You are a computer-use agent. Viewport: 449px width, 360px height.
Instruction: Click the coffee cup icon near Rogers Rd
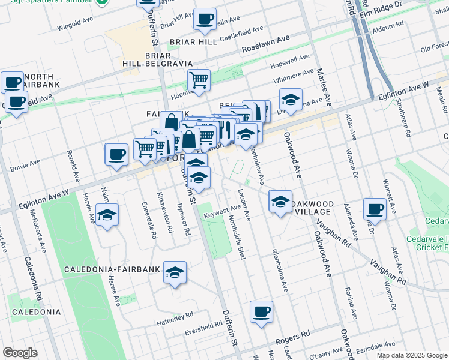pos(261,312)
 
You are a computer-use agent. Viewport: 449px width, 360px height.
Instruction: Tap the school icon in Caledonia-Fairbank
pos(175,273)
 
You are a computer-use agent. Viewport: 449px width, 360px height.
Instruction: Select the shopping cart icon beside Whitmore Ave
pos(199,79)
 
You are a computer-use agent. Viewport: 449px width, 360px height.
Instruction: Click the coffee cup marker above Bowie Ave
pos(116,155)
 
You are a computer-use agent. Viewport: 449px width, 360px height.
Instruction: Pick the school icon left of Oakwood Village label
pos(280,202)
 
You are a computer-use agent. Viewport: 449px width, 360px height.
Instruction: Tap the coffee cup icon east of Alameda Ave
pos(375,209)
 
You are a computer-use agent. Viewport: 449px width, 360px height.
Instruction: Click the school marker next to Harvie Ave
pos(107,215)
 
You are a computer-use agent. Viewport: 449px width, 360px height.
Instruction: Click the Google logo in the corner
pos(20,352)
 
